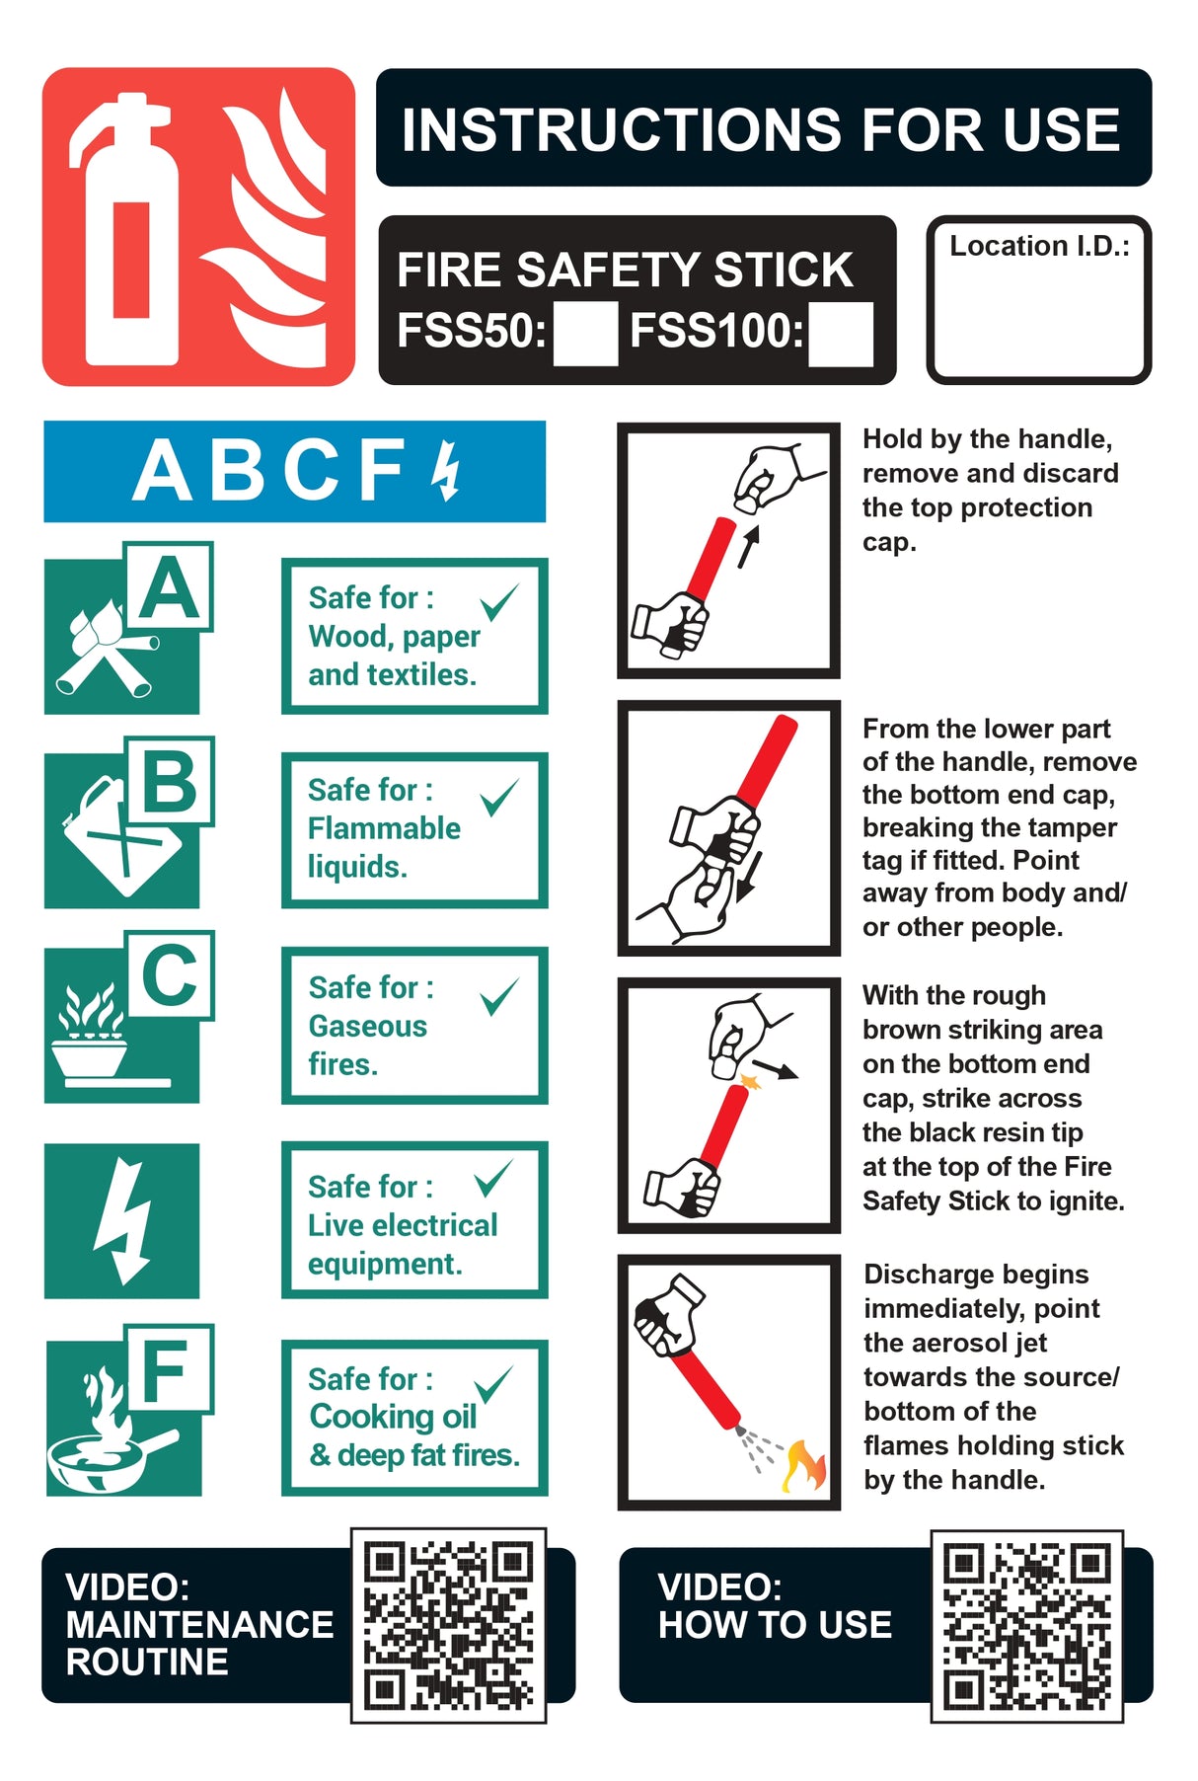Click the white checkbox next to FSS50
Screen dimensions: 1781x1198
click(x=585, y=334)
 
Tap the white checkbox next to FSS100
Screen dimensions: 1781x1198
click(x=841, y=334)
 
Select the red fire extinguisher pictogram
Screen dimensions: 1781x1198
click(x=198, y=226)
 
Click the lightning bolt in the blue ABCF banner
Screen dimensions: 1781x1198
click(x=447, y=470)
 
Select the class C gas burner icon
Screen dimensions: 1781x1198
click(x=94, y=1037)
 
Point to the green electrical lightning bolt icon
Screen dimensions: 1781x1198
click(x=122, y=1220)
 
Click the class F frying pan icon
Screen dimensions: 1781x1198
click(x=104, y=1432)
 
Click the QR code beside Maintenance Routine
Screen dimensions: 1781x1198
click(x=449, y=1625)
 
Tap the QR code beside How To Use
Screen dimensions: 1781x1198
click(x=1026, y=1625)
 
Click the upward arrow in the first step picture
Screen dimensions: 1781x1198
click(x=750, y=546)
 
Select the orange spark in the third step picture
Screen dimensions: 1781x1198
click(x=751, y=1080)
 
